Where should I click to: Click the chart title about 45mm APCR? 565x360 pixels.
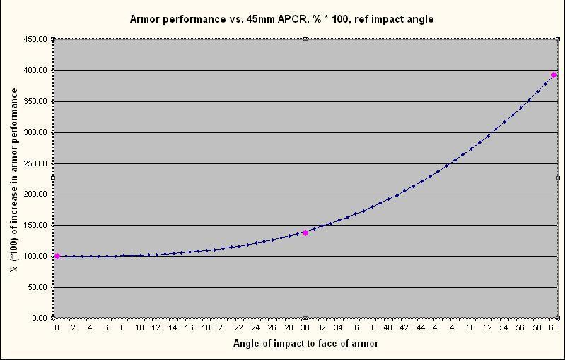click(x=281, y=19)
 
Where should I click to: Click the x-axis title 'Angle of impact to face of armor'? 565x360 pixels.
click(x=305, y=344)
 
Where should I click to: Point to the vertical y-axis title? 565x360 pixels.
click(x=13, y=178)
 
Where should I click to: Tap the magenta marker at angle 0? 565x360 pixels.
click(x=57, y=256)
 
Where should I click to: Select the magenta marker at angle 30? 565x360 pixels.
click(x=305, y=233)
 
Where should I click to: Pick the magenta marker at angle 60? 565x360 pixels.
click(x=554, y=75)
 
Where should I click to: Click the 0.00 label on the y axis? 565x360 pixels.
click(x=39, y=318)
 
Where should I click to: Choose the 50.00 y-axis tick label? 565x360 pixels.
click(x=37, y=287)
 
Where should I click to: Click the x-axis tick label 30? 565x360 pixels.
click(x=305, y=328)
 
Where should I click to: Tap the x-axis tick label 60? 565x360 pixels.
click(x=554, y=328)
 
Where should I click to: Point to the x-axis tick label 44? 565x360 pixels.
click(x=421, y=328)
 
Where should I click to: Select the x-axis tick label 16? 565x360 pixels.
click(x=190, y=328)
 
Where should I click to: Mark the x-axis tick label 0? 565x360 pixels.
click(x=57, y=328)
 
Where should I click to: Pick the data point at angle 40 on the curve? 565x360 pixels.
click(x=388, y=199)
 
